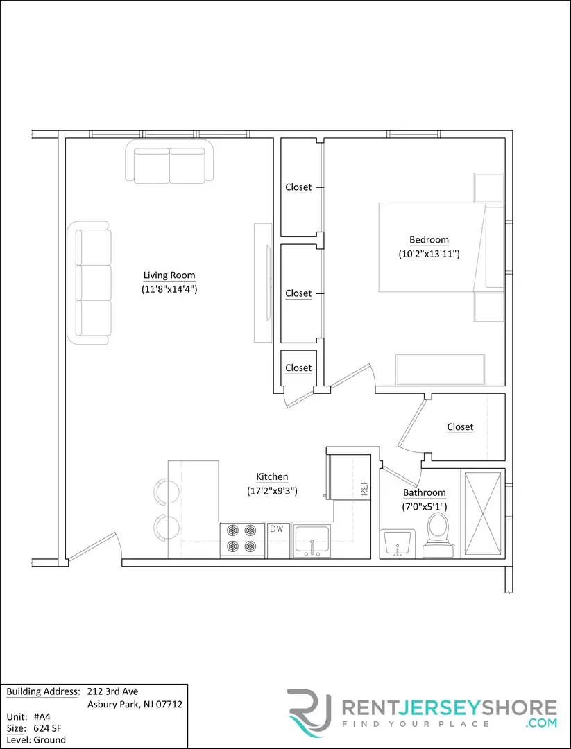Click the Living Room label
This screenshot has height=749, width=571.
(169, 275)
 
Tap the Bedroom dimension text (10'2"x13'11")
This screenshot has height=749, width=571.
(429, 254)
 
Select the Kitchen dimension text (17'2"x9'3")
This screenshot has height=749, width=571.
(272, 490)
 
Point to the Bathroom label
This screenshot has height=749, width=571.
(425, 492)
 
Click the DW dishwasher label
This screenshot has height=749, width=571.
(276, 528)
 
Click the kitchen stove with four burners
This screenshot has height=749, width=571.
(242, 540)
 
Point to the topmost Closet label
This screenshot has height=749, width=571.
(298, 187)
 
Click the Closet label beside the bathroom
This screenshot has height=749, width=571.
(460, 427)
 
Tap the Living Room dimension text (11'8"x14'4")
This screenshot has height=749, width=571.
(169, 289)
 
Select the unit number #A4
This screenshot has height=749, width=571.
(42, 716)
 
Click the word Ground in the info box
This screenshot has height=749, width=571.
(49, 740)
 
